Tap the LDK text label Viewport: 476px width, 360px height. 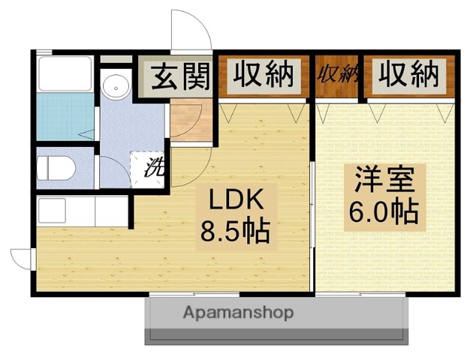pos(233,202)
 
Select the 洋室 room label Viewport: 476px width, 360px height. pos(383,182)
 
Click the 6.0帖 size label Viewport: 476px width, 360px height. pos(383,212)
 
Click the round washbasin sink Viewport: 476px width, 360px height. pos(116,86)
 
